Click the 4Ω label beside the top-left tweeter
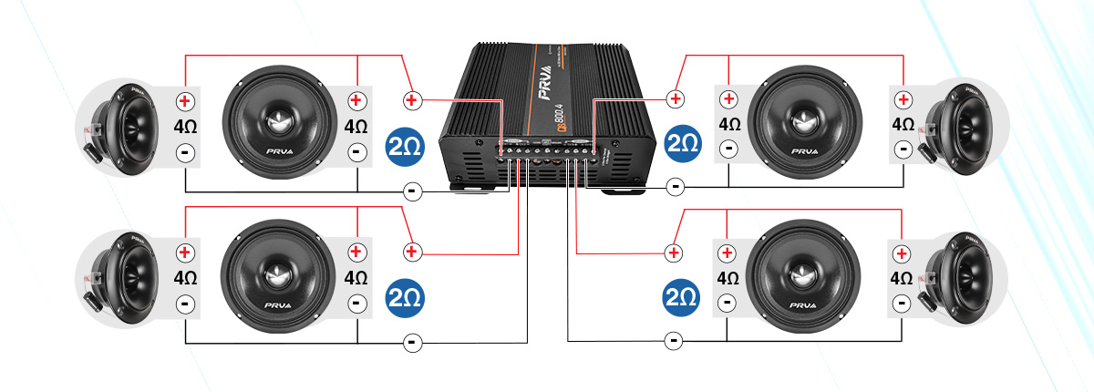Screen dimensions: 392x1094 tap(185, 126)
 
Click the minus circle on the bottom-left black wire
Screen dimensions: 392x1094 tap(412, 342)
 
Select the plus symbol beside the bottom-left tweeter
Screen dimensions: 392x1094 tap(185, 253)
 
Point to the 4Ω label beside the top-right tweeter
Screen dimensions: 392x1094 tap(903, 124)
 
